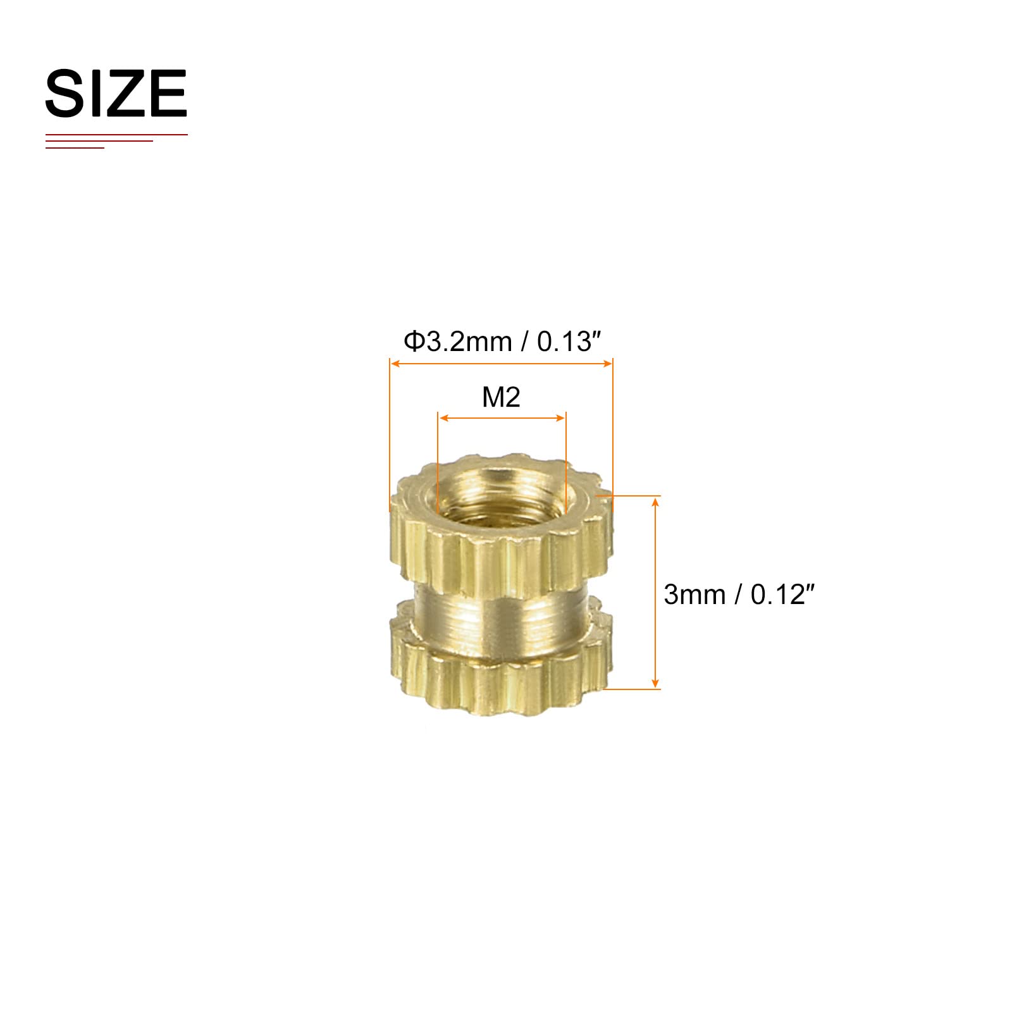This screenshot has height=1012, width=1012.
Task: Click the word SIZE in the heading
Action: [116, 94]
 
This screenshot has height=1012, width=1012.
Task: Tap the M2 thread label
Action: [501, 397]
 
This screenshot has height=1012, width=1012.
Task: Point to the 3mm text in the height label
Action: [694, 595]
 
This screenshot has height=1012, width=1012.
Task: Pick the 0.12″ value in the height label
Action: [782, 595]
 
